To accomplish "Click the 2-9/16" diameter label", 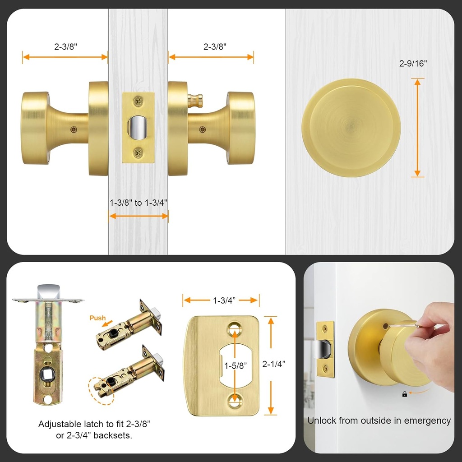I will pyautogui.click(x=413, y=64).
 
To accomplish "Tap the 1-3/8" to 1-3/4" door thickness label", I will pyautogui.click(x=139, y=203).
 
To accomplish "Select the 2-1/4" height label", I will pyautogui.click(x=273, y=364).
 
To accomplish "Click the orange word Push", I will pyautogui.click(x=97, y=318).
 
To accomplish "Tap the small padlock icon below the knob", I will pyautogui.click(x=404, y=394).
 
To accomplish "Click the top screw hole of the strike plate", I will pyautogui.click(x=234, y=329).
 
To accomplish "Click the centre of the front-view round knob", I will pyautogui.click(x=351, y=128).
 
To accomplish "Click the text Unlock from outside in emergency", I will pyautogui.click(x=379, y=420).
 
